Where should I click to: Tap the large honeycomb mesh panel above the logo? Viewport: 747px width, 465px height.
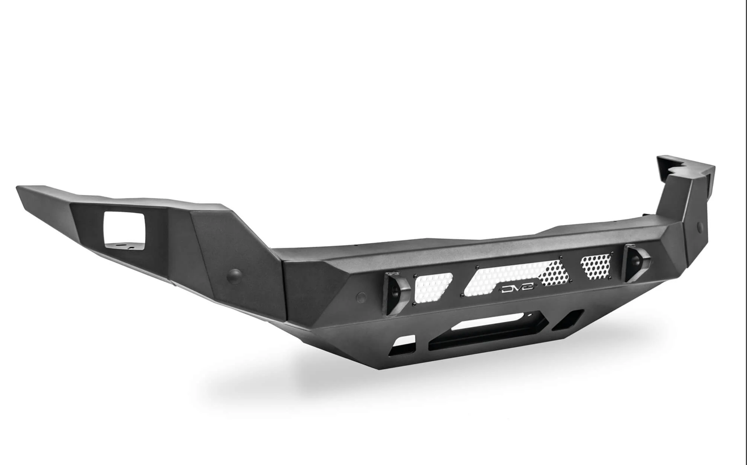click(x=516, y=277)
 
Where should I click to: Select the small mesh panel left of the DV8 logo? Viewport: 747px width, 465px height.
click(x=432, y=288)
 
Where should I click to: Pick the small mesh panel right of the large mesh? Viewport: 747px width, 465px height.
click(x=596, y=267)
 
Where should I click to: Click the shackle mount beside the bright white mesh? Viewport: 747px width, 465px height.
click(x=397, y=293)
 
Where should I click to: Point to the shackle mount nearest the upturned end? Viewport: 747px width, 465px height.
click(x=637, y=263)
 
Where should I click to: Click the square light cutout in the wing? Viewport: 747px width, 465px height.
click(x=124, y=230)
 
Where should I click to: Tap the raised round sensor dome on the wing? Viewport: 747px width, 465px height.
click(x=234, y=276)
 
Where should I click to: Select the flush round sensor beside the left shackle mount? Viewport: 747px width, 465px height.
click(x=361, y=297)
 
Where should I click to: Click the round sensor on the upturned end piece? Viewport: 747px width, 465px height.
click(x=700, y=228)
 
